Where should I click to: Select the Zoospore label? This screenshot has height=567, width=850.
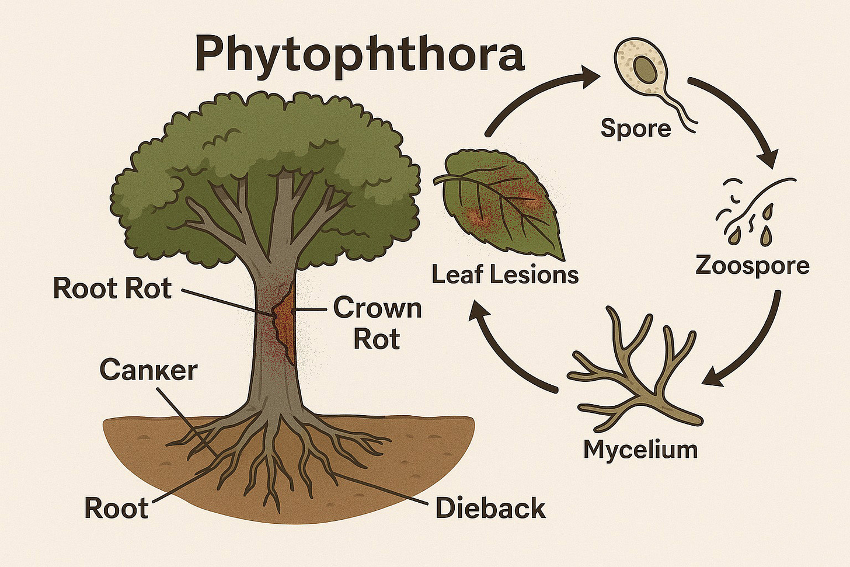753,266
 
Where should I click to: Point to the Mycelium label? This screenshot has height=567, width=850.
640,450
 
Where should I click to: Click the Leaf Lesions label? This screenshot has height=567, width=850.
505,274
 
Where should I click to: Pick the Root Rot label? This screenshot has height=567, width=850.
113,288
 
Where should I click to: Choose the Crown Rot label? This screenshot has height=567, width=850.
377,323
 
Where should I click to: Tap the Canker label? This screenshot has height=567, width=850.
148,370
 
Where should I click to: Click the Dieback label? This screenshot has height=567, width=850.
490,509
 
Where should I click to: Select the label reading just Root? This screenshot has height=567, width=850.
116,508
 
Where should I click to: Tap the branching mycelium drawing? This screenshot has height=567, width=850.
636,374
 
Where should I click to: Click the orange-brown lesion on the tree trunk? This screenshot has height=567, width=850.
284,318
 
